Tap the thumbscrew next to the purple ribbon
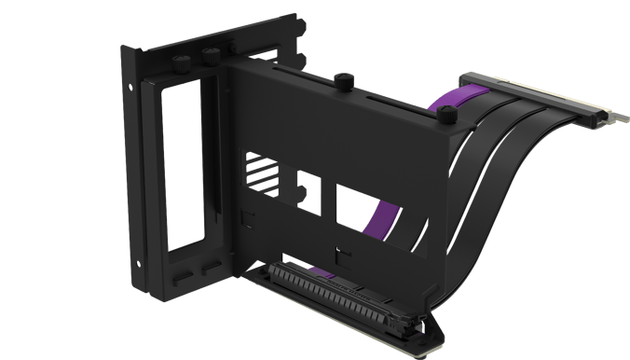[449, 116]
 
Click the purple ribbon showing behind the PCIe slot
[322, 271]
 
